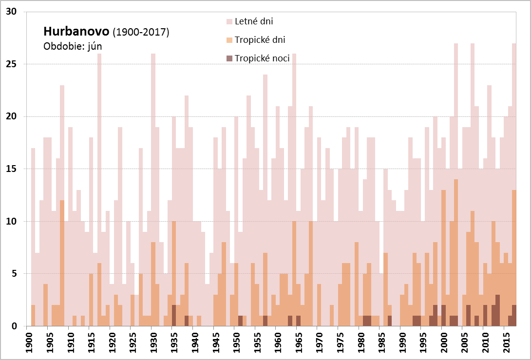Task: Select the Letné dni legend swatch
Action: (x=229, y=21)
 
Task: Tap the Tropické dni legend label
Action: (x=260, y=40)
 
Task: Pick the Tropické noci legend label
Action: (x=262, y=58)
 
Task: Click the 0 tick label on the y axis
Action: (x=15, y=326)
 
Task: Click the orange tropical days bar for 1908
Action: (x=62, y=263)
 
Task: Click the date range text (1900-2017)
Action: (x=141, y=33)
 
